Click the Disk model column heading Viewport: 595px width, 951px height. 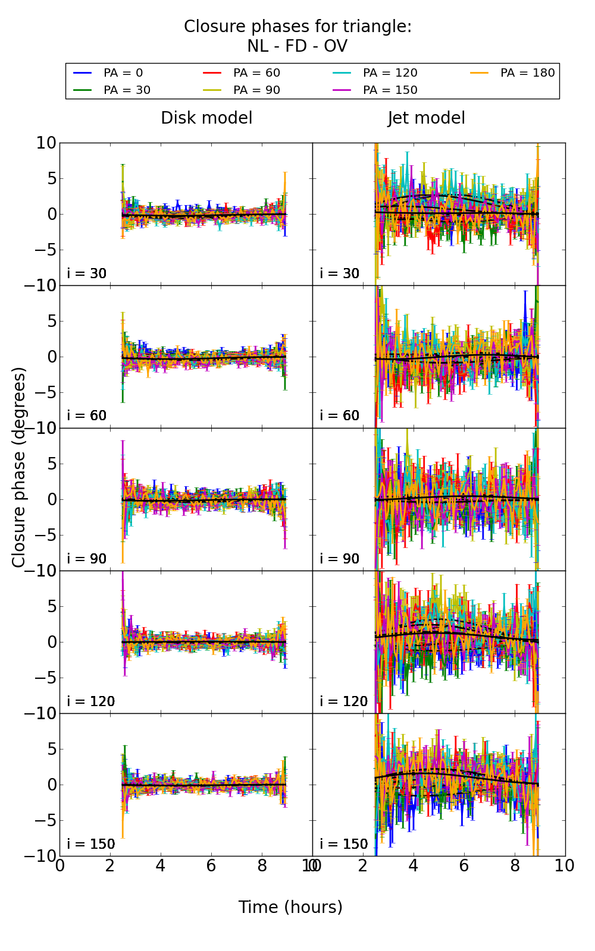[206, 118]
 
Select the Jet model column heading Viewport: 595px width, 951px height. [426, 118]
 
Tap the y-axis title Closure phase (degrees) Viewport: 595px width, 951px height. [19, 467]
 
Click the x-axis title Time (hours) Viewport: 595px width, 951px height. [290, 907]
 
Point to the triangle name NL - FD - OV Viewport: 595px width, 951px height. [297, 46]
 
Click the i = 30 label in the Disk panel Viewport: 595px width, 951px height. [87, 273]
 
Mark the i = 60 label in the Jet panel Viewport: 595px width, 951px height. [340, 415]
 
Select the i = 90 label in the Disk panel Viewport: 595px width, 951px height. [87, 559]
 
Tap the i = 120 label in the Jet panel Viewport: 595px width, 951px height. [343, 701]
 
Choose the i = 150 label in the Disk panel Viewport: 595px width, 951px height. [90, 844]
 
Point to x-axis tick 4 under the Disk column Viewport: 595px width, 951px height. [161, 865]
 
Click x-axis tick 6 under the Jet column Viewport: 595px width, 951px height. [464, 865]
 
